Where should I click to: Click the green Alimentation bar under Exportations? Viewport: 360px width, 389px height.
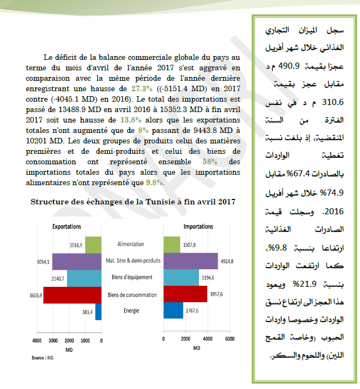[x=93, y=244]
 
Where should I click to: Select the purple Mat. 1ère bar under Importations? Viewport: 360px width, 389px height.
[x=191, y=261]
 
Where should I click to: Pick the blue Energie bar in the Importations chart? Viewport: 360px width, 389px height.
[x=174, y=311]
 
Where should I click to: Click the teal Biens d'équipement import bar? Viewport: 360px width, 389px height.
[x=182, y=277]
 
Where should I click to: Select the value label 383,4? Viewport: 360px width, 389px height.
[x=87, y=312]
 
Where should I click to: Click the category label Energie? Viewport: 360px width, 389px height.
[x=131, y=311]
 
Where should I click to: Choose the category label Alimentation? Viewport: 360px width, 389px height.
[x=131, y=244]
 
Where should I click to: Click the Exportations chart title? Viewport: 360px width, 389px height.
[x=67, y=226]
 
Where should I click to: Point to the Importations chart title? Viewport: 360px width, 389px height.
[x=198, y=226]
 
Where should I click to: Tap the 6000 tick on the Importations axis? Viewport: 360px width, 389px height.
[x=229, y=339]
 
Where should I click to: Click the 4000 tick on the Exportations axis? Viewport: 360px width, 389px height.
[x=37, y=341]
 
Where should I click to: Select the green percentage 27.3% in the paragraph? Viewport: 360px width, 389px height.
[x=141, y=88]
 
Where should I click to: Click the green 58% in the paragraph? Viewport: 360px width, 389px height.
[x=210, y=163]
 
